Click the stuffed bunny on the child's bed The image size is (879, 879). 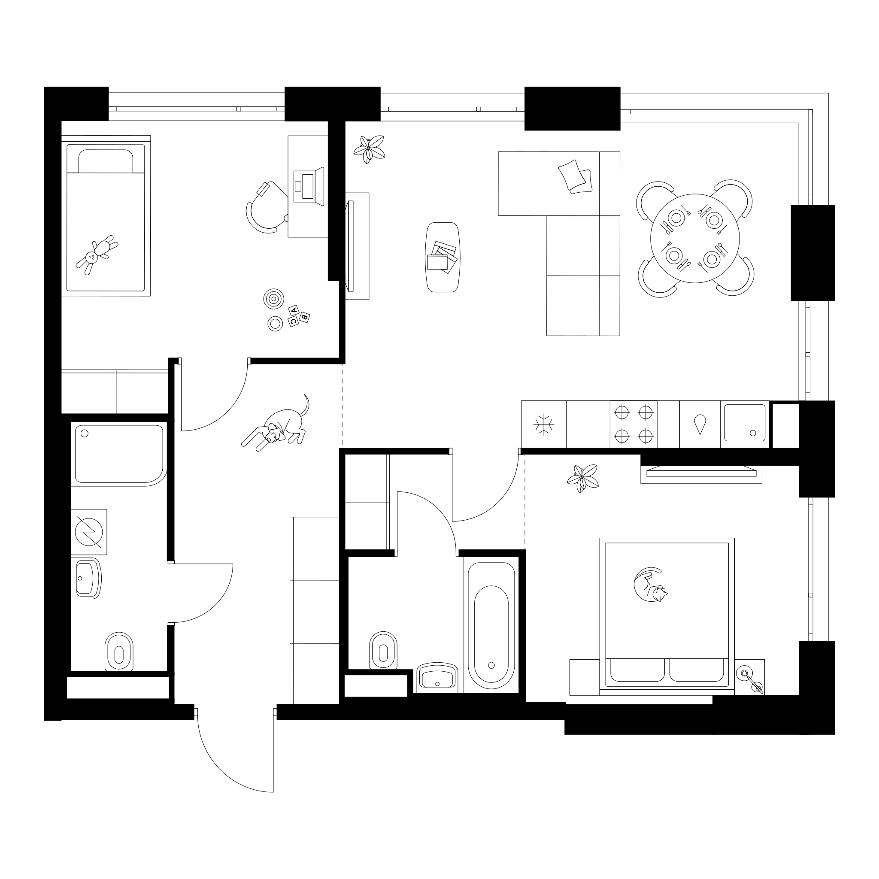pos(97,256)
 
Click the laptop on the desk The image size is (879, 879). pos(309,187)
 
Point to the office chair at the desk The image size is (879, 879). pos(266,207)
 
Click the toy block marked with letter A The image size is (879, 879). pos(294,310)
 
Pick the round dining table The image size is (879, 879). pos(695,238)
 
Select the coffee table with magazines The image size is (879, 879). pos(442,257)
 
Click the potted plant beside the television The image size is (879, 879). pos(370,149)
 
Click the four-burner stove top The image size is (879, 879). pos(634,424)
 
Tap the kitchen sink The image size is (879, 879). pos(745,423)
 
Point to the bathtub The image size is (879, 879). pos(491,626)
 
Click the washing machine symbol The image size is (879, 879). pos(89,532)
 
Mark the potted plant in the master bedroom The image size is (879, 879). pos(583,479)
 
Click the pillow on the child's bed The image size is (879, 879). pos(106,161)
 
